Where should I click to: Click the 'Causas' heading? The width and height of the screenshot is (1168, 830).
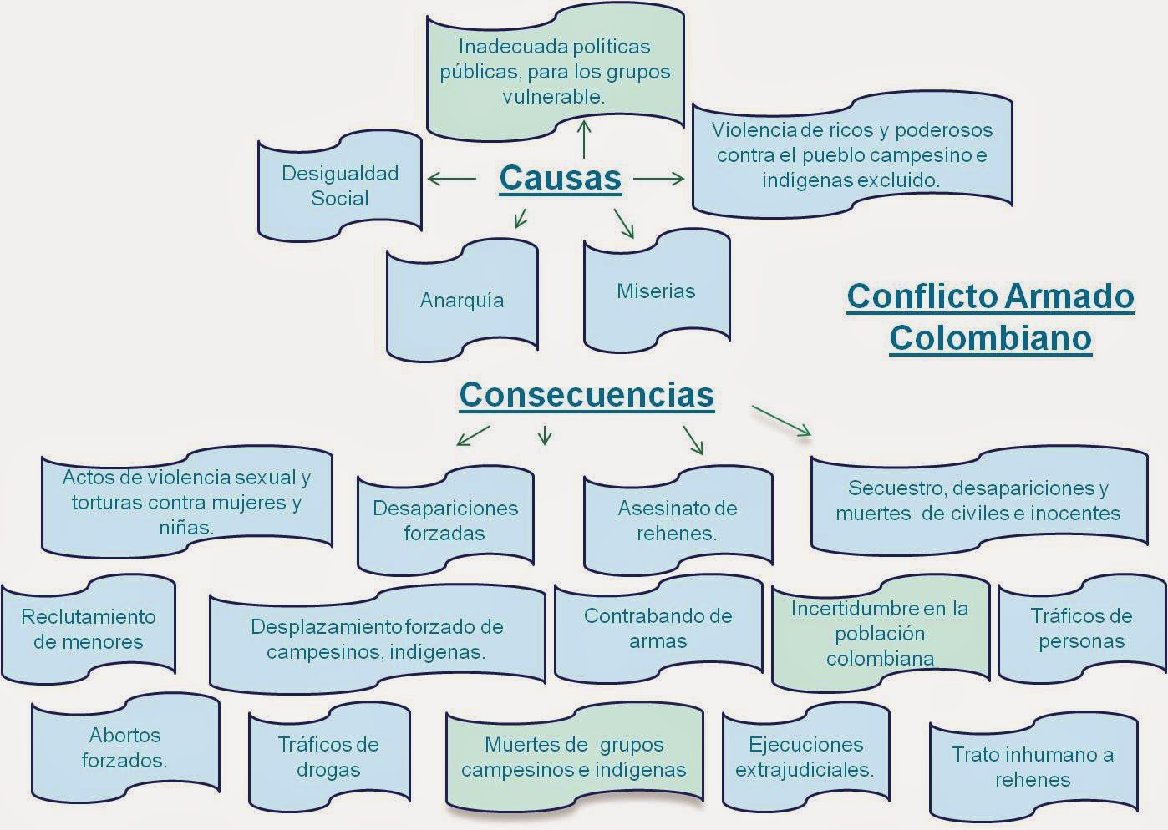click(560, 178)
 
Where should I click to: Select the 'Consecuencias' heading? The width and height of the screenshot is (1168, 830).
click(587, 394)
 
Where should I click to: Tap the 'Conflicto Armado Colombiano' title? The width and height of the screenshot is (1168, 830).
click(990, 317)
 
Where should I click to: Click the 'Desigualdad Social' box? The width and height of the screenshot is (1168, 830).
click(340, 186)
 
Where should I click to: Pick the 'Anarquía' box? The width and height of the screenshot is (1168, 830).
click(462, 301)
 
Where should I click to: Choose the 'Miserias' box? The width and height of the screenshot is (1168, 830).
click(656, 291)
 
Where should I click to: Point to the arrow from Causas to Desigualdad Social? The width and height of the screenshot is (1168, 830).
click(451, 178)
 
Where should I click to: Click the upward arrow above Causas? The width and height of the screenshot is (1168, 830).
click(584, 139)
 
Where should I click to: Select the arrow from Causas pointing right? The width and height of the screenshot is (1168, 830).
click(659, 178)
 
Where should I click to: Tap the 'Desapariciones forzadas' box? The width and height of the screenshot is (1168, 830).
click(445, 521)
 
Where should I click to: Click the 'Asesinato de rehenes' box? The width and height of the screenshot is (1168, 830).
click(677, 521)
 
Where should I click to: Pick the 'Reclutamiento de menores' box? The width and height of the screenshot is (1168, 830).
click(89, 629)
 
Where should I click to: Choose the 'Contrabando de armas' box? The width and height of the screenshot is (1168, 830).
click(658, 629)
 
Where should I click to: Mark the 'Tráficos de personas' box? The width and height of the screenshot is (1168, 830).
click(1081, 629)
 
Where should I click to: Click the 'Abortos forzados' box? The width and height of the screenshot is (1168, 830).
click(125, 747)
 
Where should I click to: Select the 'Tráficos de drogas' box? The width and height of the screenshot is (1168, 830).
click(328, 757)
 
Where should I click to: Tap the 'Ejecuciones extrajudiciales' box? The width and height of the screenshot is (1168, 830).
click(805, 757)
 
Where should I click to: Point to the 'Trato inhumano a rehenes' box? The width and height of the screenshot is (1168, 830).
click(1033, 767)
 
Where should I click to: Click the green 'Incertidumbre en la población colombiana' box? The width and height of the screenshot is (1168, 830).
click(880, 633)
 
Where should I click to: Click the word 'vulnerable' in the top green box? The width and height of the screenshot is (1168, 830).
click(554, 97)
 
